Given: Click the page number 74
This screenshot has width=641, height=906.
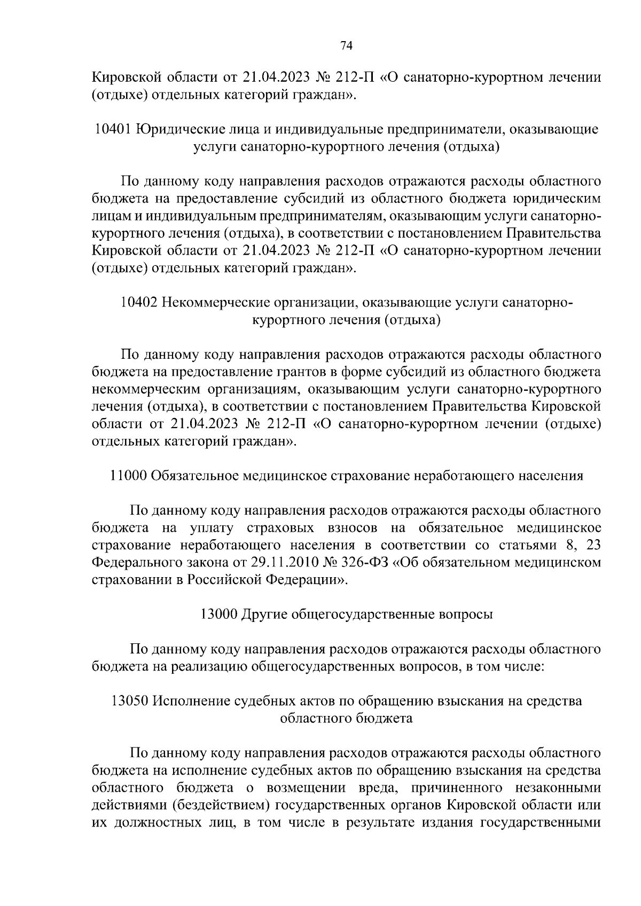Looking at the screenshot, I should pos(346,46).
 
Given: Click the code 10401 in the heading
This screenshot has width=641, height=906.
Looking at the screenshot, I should pos(113,130).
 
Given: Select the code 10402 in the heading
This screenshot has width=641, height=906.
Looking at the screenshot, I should pos(139,303).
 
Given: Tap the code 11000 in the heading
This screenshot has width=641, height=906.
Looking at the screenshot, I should pos(128,476).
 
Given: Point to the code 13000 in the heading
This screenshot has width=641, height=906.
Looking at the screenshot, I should pos(218,614).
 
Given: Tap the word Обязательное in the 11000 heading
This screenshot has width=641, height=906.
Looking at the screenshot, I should pos(195,476).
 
